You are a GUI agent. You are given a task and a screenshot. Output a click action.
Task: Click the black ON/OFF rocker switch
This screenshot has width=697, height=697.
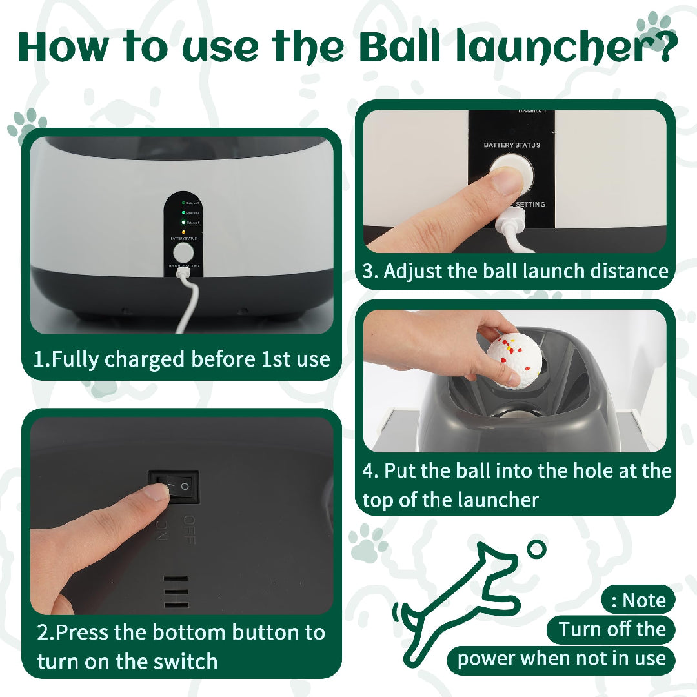tap(174, 487)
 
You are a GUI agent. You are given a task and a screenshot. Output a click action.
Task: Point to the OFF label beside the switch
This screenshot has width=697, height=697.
tap(189, 529)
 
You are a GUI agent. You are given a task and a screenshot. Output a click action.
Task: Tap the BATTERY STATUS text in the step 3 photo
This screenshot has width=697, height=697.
tap(512, 145)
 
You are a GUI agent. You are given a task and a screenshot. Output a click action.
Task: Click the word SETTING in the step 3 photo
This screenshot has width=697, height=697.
tap(530, 205)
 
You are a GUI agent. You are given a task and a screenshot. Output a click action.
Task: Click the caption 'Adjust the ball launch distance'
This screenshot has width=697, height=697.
tap(515, 270)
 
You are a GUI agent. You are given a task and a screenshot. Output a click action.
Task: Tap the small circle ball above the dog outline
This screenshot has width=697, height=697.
tap(536, 550)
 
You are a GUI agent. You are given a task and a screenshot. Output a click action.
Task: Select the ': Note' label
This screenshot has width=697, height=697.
tap(638, 601)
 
